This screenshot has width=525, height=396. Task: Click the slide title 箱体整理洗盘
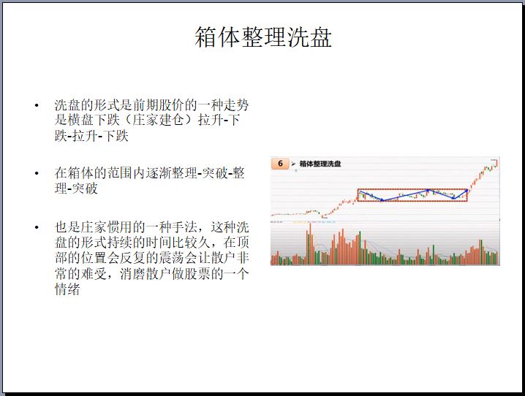[263, 37]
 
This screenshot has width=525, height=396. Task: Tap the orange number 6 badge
[280, 164]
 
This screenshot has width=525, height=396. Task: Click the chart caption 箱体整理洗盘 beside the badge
[320, 164]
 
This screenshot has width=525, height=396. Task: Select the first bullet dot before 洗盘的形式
[37, 106]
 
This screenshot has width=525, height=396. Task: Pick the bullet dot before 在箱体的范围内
[37, 173]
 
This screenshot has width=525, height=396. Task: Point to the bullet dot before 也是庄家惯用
[37, 227]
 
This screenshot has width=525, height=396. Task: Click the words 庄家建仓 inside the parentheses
[158, 120]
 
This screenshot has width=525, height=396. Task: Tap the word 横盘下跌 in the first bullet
[94, 120]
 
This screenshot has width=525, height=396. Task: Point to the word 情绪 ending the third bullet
[67, 289]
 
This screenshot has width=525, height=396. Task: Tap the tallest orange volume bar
[310, 244]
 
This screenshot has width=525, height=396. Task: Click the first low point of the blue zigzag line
[382, 200]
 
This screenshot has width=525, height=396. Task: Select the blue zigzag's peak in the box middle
[428, 190]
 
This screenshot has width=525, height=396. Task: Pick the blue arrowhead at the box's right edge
[467, 191]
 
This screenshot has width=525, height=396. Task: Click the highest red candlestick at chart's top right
[497, 162]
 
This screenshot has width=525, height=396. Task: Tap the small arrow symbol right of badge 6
[294, 164]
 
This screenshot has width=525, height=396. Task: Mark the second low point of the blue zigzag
[453, 198]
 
